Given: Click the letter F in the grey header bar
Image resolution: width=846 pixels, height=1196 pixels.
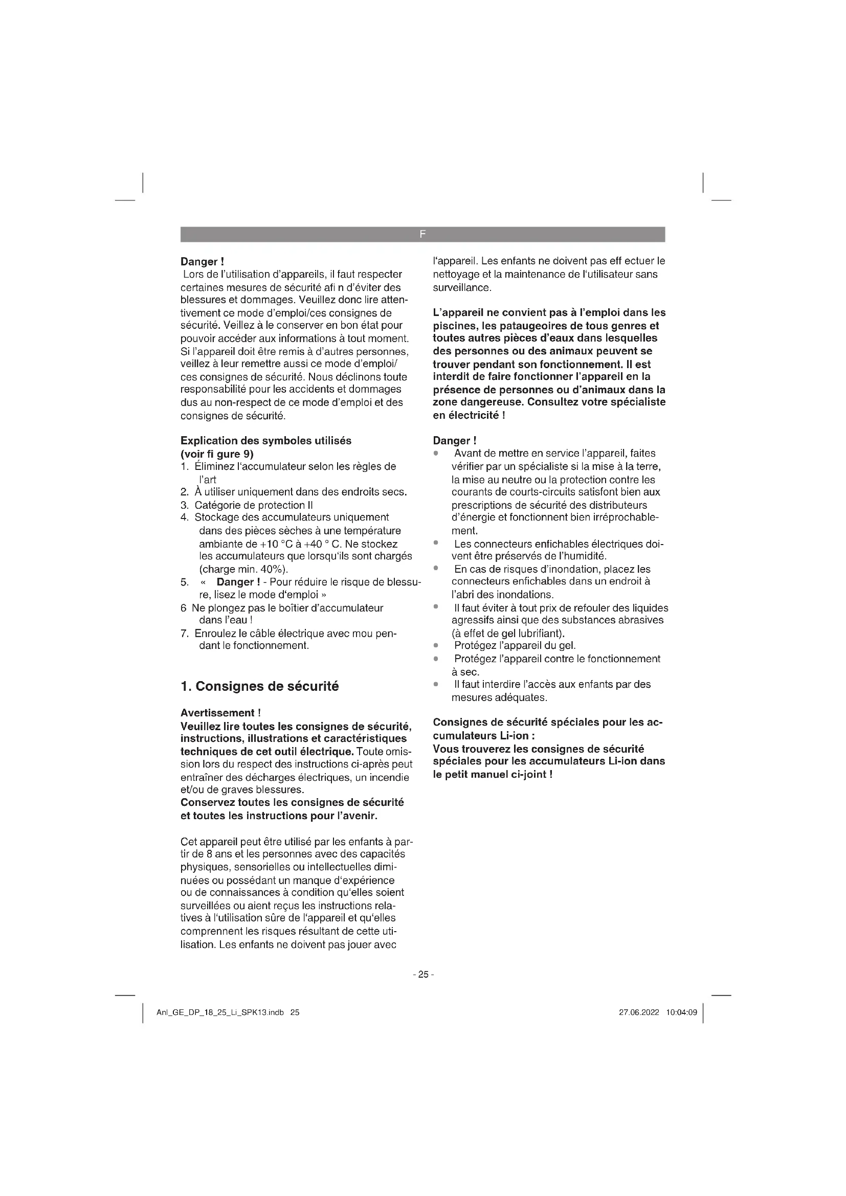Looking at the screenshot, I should coord(422,234).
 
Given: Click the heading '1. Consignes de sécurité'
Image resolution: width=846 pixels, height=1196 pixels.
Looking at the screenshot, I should coord(259,686).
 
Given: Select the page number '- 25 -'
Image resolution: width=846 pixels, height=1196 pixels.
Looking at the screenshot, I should coord(423,974).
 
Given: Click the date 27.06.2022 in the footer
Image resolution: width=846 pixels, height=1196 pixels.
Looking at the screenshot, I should coord(639,1012).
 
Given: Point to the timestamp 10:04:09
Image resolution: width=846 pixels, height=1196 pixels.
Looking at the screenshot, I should coord(681,1012).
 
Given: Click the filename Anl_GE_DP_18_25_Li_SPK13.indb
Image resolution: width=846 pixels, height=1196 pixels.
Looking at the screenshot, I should coord(220,1012).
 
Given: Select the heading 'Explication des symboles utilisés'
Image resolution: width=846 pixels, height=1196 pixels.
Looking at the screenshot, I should coord(265,441).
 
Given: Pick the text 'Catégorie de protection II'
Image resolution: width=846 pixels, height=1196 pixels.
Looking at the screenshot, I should coord(253,505).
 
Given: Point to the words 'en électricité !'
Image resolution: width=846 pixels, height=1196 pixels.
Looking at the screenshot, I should coord(469,415).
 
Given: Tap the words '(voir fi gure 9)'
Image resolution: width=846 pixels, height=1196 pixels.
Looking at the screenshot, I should coord(217,454).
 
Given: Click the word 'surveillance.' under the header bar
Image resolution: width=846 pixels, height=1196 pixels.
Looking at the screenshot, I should coord(462,287).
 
